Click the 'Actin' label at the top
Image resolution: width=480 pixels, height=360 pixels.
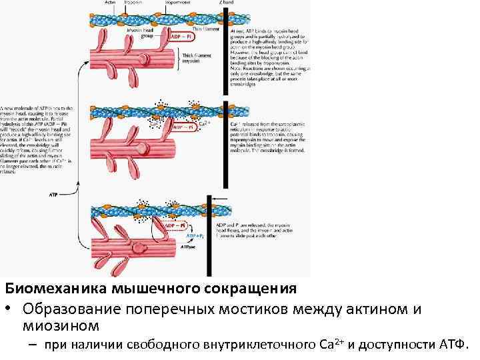tap(111, 3)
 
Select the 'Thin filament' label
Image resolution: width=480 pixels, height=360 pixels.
tap(202, 29)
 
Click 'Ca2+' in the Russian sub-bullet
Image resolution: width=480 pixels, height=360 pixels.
tap(331, 344)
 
